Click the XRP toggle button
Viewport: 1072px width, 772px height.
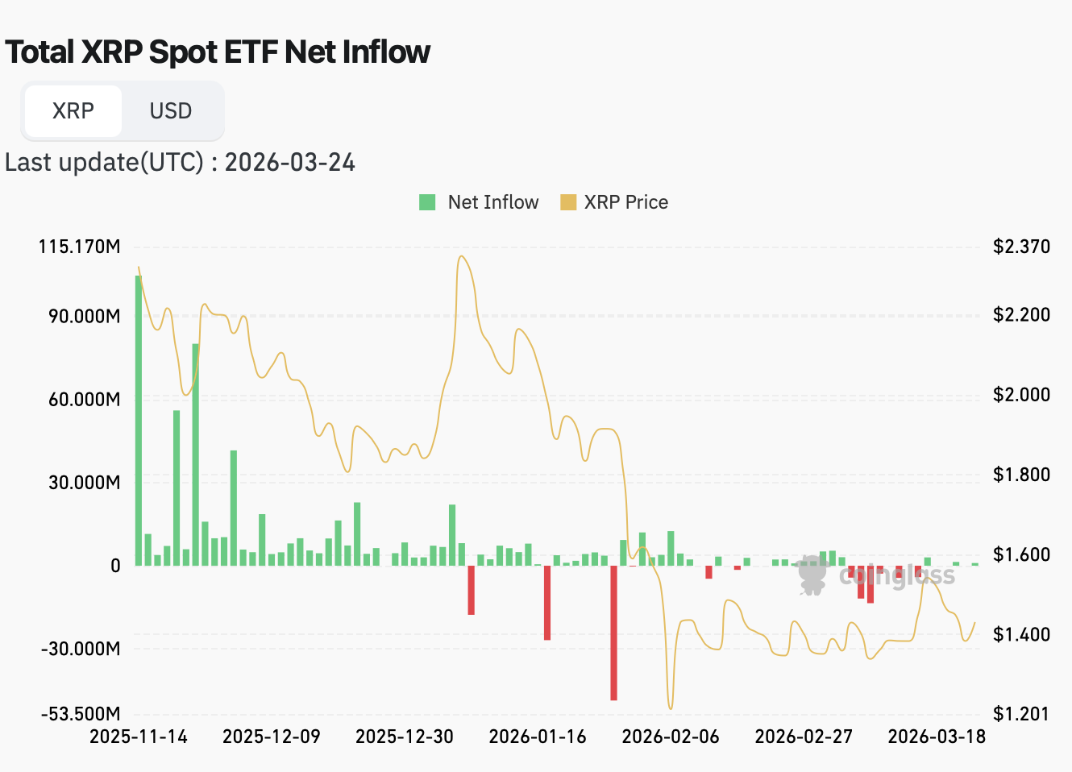tap(73, 110)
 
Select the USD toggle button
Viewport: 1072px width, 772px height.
tap(171, 110)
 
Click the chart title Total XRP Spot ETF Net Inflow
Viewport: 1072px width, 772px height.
tap(218, 52)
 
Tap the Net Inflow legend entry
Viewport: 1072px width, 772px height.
tap(479, 202)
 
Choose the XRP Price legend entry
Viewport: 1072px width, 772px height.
tap(614, 202)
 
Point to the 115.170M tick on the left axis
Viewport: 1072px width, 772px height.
tap(79, 247)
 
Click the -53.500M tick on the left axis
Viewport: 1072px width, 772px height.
tap(81, 714)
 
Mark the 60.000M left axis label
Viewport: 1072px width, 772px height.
tap(84, 399)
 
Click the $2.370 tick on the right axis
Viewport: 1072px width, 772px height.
tap(1021, 247)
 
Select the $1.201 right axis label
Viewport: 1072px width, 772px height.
tap(1021, 714)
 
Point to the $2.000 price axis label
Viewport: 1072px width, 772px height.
tap(1021, 394)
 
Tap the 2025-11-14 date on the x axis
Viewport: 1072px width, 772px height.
tap(138, 737)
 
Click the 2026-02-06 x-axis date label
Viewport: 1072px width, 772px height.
tap(671, 737)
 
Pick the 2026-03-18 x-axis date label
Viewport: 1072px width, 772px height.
tap(937, 737)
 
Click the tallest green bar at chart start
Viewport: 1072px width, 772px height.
tap(139, 419)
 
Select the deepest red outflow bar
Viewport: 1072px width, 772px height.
tap(613, 633)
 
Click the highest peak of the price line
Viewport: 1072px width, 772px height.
tap(461, 257)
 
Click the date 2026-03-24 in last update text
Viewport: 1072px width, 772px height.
tap(289, 162)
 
